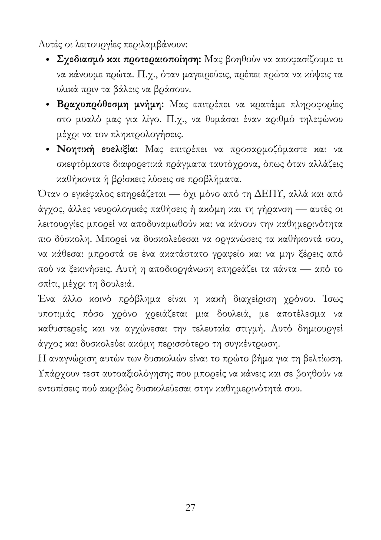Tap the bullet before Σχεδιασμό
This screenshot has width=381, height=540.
[48, 60]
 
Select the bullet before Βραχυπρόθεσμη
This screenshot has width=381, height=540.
[48, 105]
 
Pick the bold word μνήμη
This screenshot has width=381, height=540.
[149, 104]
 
